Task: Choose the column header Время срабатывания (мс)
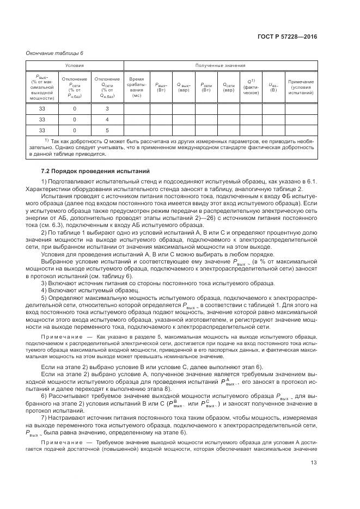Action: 136,87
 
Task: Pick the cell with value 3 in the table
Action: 107,109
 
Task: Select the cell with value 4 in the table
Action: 107,119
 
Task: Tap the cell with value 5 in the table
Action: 107,130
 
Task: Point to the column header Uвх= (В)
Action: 273,87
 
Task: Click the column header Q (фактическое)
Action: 251,87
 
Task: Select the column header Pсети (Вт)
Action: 206,87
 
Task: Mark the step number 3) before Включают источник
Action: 45,283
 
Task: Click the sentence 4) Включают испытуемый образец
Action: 80,290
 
